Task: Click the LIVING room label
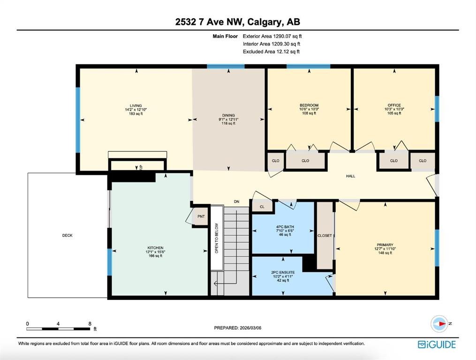(x=136, y=105)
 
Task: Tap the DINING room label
(x=228, y=115)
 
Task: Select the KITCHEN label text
(x=155, y=247)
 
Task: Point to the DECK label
(x=68, y=235)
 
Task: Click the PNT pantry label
(x=201, y=217)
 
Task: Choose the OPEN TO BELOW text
(x=217, y=238)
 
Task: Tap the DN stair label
(x=236, y=202)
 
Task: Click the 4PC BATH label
(x=285, y=227)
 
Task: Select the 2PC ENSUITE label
(x=283, y=272)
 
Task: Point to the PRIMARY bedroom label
(x=385, y=245)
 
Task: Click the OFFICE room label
(x=394, y=105)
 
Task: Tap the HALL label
(x=351, y=176)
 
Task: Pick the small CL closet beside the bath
(x=262, y=207)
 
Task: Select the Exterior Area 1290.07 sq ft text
(x=272, y=36)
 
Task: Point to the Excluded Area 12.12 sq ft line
(x=271, y=52)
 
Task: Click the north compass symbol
(x=439, y=323)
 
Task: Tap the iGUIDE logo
(x=437, y=345)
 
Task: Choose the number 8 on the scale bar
(x=90, y=323)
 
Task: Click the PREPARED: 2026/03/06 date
(x=238, y=328)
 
